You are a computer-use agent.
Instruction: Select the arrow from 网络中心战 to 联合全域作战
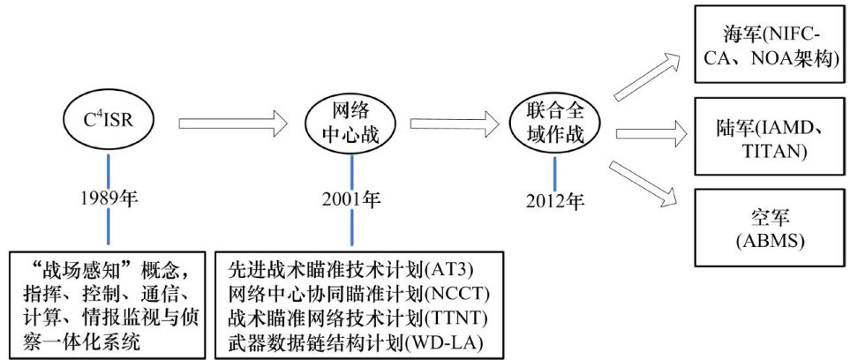pos(450,122)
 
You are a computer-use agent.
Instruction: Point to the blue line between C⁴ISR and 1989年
pos(109,169)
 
